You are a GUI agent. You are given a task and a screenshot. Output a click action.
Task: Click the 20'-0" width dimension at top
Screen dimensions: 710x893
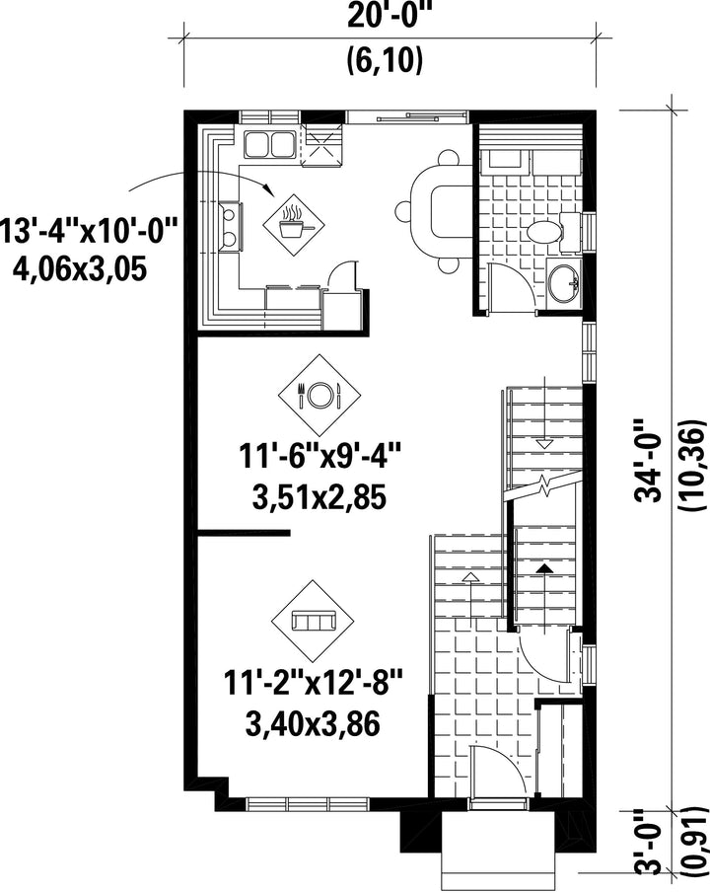point(390,16)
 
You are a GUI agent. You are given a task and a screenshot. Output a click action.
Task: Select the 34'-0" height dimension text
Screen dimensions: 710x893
point(650,461)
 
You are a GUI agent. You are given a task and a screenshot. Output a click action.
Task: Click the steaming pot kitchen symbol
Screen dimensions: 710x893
point(294,222)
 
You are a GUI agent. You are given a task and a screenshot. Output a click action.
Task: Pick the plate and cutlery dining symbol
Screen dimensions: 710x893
point(319,394)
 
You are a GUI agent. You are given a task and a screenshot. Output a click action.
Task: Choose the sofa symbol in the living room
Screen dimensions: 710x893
point(313,621)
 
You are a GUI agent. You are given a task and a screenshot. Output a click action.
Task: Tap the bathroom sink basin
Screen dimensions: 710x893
point(564,281)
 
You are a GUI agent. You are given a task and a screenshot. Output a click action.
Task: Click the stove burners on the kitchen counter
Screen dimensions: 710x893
point(230,226)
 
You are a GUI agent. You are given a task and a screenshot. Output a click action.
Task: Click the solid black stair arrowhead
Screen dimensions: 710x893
point(545,567)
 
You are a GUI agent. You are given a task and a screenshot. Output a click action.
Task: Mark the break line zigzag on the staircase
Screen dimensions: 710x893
point(545,485)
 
